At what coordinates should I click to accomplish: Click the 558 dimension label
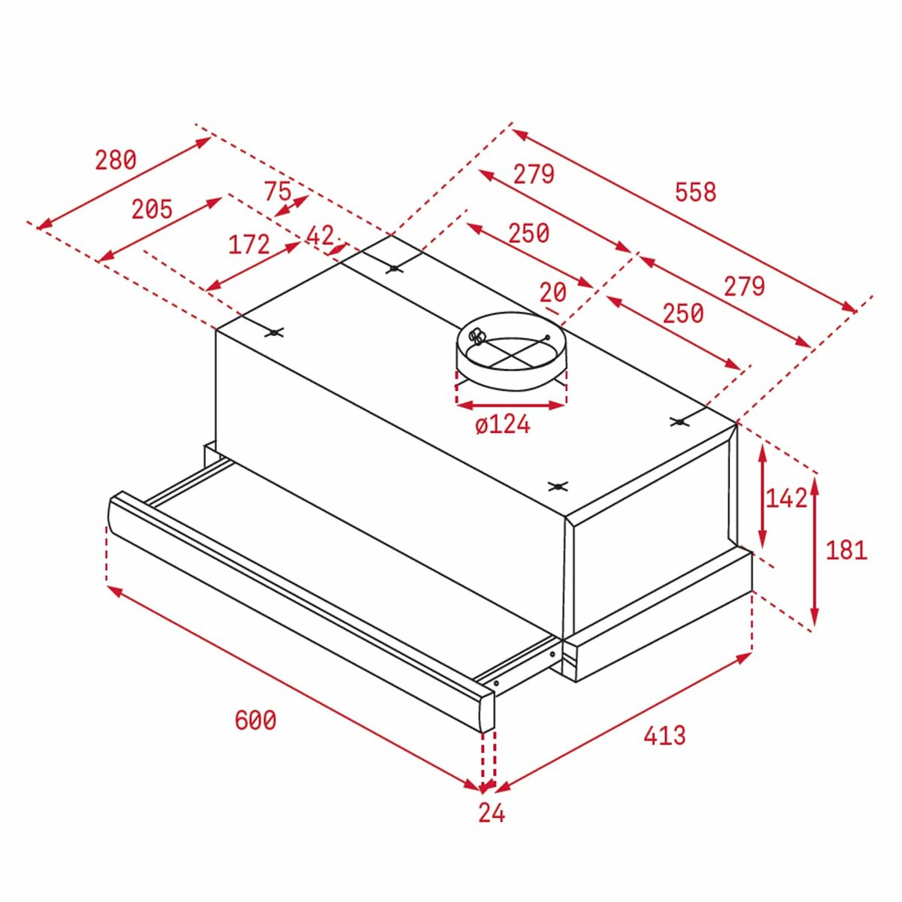click(x=695, y=192)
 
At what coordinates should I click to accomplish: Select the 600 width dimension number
click(x=256, y=720)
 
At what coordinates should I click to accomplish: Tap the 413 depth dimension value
click(x=664, y=734)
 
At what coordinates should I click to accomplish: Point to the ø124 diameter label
click(x=503, y=425)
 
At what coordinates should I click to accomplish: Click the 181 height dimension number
click(x=846, y=550)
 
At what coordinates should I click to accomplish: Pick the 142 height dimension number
click(x=785, y=498)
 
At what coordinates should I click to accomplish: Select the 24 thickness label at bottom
click(x=492, y=813)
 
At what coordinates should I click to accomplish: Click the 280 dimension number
click(x=116, y=160)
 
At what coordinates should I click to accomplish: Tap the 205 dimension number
click(x=152, y=209)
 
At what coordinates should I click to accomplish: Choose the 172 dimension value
click(x=249, y=244)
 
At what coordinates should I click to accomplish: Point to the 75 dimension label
click(x=277, y=191)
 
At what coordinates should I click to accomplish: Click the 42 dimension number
click(x=319, y=236)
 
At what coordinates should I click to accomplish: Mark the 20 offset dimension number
click(x=553, y=292)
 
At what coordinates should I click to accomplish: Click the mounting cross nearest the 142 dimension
click(x=680, y=422)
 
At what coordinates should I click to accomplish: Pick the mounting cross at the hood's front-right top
click(x=557, y=486)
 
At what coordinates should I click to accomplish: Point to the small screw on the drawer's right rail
click(x=496, y=683)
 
